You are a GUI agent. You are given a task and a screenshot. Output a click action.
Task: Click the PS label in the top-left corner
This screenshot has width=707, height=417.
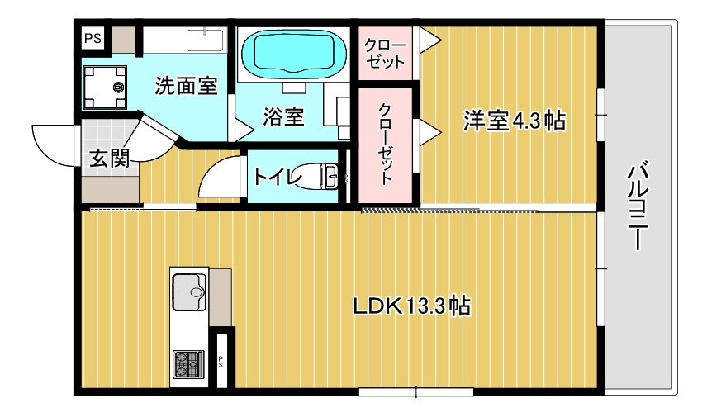tap(92, 37)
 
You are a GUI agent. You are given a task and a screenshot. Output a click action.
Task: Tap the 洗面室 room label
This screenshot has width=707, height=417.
tap(186, 84)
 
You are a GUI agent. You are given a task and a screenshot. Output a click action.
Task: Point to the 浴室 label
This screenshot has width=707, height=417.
tap(283, 117)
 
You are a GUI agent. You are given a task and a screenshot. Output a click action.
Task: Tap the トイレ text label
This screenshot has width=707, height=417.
tap(277, 177)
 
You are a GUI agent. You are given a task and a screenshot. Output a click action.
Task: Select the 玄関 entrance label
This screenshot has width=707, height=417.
tap(109, 159)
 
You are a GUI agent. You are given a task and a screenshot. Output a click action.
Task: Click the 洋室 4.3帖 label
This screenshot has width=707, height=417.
tap(514, 121)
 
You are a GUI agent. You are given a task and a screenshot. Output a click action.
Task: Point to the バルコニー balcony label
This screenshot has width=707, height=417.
tap(636, 206)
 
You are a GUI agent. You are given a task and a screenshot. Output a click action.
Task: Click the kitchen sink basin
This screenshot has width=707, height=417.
tap(190, 291)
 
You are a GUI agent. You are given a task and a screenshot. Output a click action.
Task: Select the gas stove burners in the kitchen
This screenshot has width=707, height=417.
tap(188, 362)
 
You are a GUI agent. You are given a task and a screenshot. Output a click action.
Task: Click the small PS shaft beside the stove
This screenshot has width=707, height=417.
tap(221, 360)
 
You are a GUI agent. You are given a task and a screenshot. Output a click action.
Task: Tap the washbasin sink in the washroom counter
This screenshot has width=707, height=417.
tap(206, 39)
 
